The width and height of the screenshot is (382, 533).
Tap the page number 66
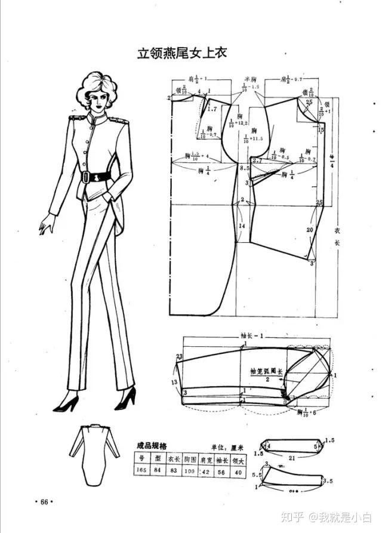pyautogui.click(x=44, y=501)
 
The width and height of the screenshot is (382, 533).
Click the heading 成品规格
pyautogui.click(x=152, y=445)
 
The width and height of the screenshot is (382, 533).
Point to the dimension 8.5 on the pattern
pyautogui.click(x=245, y=170)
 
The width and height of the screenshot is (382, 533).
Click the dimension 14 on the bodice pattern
pyautogui.click(x=242, y=227)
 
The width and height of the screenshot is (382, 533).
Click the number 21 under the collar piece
pyautogui.click(x=292, y=457)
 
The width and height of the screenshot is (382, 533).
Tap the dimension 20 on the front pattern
pyautogui.click(x=309, y=230)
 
